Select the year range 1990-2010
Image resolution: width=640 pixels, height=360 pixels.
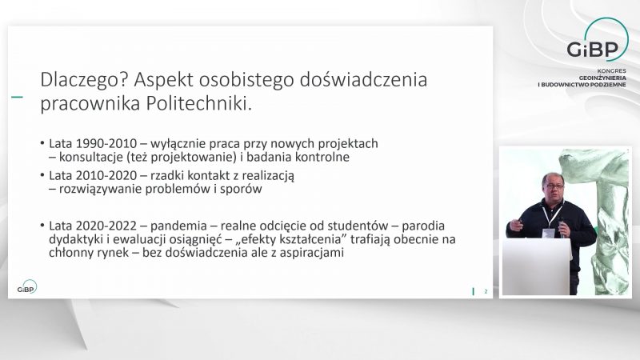pyautogui.click(x=106, y=144)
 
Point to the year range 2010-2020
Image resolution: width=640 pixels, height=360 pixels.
pyautogui.click(x=106, y=175)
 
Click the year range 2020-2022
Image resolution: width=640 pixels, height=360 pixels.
pyautogui.click(x=106, y=226)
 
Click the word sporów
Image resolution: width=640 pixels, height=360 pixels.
pyautogui.click(x=241, y=190)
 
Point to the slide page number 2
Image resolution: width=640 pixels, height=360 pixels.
pyautogui.click(x=486, y=291)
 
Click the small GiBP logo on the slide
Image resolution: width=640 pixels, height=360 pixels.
pyautogui.click(x=27, y=287)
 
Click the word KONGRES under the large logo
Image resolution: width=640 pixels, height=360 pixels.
pyautogui.click(x=611, y=71)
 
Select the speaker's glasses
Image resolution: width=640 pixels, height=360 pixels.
pyautogui.click(x=553, y=186)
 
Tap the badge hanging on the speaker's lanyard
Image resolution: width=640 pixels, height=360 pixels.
pyautogui.click(x=548, y=234)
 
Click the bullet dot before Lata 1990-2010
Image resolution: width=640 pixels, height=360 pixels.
pyautogui.click(x=42, y=143)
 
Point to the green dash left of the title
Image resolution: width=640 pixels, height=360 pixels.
pyautogui.click(x=17, y=97)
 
